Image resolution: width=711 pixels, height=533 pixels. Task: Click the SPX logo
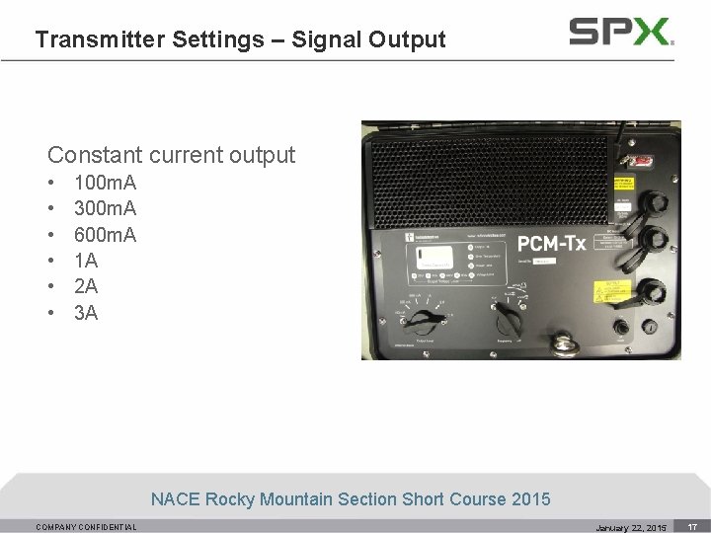pos(621,32)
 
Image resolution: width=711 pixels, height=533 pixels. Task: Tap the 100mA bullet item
pos(105,183)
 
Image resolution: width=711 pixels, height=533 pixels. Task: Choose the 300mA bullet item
pos(105,208)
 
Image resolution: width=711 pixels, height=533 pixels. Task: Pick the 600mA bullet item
pos(105,235)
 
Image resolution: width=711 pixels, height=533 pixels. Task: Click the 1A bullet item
pos(86,261)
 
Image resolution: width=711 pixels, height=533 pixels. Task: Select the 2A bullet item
pos(86,286)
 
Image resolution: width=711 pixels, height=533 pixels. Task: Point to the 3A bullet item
pos(86,313)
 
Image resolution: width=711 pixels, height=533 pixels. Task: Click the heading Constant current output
pos(171,155)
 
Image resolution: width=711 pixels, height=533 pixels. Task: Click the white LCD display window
pos(434,259)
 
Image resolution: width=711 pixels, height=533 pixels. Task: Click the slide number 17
pos(693,527)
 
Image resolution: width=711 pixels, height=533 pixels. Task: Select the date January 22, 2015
pos(631,528)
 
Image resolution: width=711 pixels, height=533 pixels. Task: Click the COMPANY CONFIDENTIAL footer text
pos(86,527)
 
